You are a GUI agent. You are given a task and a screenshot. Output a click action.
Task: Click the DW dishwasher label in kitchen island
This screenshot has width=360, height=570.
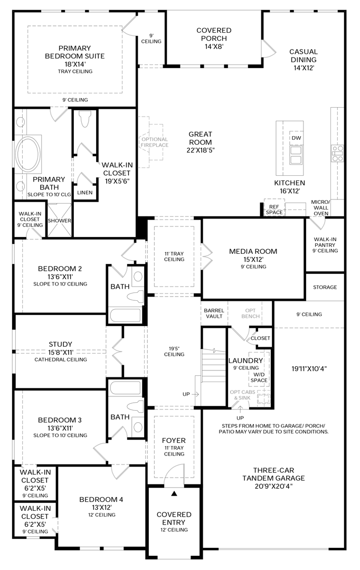click(x=296, y=138)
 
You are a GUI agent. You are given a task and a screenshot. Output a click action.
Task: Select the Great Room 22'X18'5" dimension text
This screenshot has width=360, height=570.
click(x=200, y=150)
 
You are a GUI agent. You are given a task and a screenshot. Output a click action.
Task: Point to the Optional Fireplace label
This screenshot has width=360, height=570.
click(x=154, y=142)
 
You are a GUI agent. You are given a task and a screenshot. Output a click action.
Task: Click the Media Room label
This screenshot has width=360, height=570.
click(x=253, y=251)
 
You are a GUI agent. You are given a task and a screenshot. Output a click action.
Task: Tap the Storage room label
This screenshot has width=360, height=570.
click(x=325, y=287)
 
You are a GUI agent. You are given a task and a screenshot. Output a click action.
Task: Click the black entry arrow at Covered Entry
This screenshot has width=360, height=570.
click(x=174, y=494)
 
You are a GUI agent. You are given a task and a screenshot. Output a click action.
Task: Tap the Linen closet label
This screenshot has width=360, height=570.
click(x=84, y=193)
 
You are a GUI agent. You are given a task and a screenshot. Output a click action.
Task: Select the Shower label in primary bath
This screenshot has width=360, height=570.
click(x=59, y=221)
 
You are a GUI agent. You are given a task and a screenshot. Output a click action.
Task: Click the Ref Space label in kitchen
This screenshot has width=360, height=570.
click(x=274, y=210)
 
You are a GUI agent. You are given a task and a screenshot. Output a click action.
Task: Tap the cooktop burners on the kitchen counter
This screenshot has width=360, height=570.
click(x=337, y=153)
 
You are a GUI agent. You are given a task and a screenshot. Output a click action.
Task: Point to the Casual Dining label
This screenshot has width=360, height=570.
click(x=303, y=56)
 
